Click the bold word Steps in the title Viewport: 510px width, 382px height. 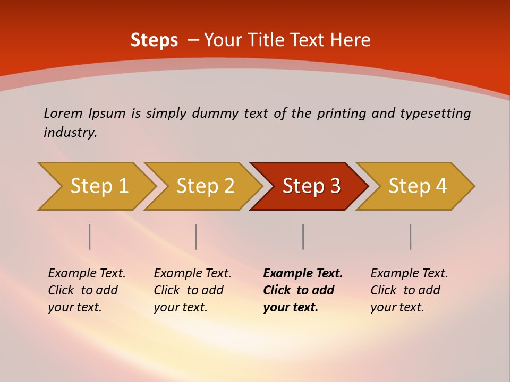click(154, 40)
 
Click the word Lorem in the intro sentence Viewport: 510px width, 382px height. click(63, 113)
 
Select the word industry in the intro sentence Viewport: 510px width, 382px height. click(70, 133)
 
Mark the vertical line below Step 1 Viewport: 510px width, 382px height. click(90, 237)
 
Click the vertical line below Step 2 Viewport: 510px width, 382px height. click(196, 237)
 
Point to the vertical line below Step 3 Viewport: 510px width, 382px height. click(303, 237)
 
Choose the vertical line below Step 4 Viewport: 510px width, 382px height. click(410, 237)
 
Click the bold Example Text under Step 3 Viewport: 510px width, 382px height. click(303, 274)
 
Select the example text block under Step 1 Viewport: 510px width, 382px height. click(87, 290)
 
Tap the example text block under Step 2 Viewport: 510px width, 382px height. click(192, 290)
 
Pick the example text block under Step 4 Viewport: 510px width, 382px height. click(409, 290)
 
